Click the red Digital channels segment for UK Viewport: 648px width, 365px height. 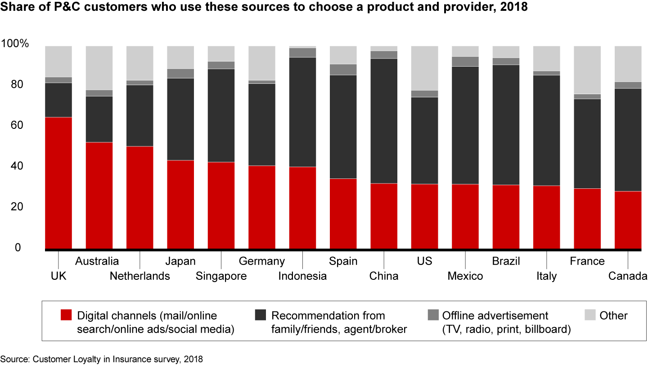tap(58, 182)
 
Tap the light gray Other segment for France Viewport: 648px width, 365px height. tap(587, 70)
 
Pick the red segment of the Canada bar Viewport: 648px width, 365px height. tap(628, 220)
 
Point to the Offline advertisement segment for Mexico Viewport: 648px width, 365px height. tap(465, 61)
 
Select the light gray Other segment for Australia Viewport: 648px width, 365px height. tap(99, 68)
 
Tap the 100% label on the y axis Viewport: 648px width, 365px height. tap(15, 44)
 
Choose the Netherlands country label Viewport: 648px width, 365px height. tap(140, 276)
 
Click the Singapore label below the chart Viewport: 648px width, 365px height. tap(221, 276)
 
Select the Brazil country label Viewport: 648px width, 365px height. tap(506, 261)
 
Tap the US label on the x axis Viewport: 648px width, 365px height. tap(424, 261)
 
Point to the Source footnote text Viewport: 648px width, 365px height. tap(101, 359)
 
